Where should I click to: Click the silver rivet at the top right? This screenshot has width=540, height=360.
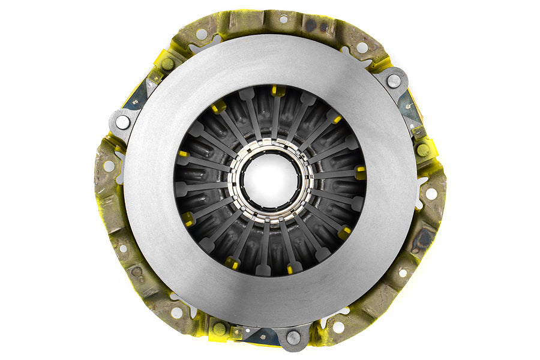[x=394, y=80]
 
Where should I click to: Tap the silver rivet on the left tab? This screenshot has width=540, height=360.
[x=122, y=122]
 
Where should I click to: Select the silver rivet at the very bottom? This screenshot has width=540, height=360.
[x=293, y=338]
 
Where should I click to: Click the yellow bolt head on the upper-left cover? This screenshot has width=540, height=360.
[x=167, y=64]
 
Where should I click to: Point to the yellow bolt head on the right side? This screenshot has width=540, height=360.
[x=423, y=149]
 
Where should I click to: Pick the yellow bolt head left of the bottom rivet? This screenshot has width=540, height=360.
[x=219, y=329]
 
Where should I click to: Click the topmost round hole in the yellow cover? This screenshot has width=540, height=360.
[x=283, y=19]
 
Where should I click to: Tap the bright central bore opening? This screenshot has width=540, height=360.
[x=270, y=179]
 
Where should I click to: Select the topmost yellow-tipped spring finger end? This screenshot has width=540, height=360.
[x=278, y=91]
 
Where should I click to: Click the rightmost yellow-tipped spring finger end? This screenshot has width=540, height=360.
[x=360, y=173]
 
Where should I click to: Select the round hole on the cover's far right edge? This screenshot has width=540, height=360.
[x=431, y=194]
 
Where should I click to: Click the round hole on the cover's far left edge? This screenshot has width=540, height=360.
[x=109, y=166]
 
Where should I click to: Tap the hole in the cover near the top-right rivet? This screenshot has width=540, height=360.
[x=362, y=47]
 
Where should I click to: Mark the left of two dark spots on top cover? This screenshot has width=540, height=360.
[x=310, y=25]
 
